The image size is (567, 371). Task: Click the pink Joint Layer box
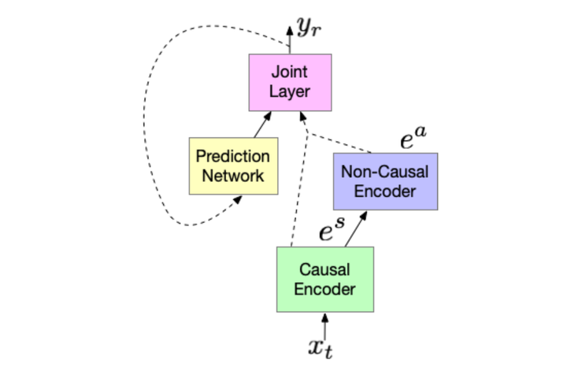290,82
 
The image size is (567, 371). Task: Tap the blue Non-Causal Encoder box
384,181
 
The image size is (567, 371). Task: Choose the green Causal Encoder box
324,279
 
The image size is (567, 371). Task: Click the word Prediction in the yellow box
232,157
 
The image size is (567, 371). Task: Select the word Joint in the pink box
290,73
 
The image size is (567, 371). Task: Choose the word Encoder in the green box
324,288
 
